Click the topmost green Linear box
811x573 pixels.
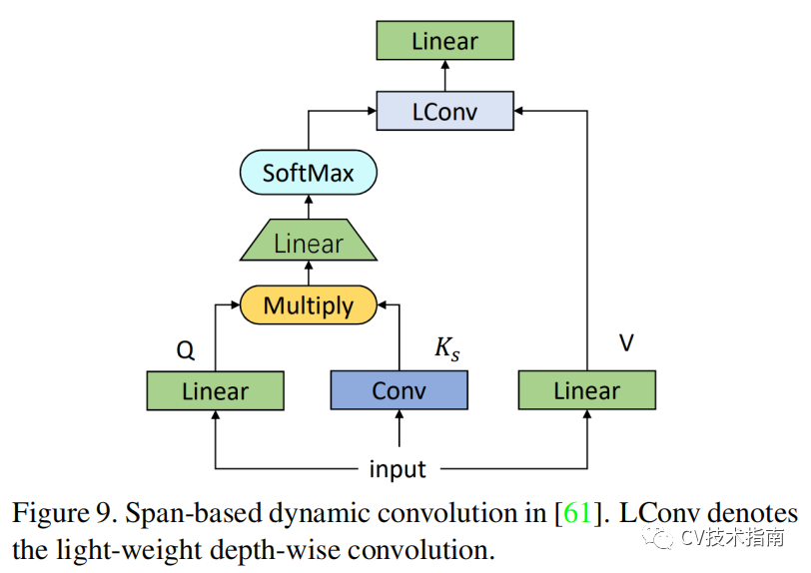pos(444,40)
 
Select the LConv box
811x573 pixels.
pos(444,111)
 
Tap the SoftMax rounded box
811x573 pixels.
pos(309,173)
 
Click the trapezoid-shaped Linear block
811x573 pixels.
pos(309,240)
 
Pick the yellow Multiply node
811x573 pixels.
pos(309,305)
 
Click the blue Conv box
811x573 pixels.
pos(399,390)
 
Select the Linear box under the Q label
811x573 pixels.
pos(215,390)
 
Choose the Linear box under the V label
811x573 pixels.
pos(587,390)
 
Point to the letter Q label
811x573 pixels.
pos(185,350)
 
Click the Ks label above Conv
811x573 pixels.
pos(446,348)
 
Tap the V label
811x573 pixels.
pos(626,342)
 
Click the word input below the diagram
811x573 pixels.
pos(398,469)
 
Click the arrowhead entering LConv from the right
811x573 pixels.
pos(518,111)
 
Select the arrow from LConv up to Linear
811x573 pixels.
pos(444,76)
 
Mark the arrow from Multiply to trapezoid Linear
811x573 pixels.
pos(309,274)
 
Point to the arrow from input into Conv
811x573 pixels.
pos(399,428)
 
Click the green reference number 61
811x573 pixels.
pos(577,513)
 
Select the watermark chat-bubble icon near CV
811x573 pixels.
pos(657,538)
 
